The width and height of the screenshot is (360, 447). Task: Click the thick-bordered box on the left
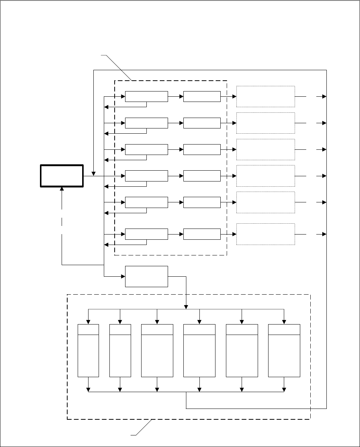pyautogui.click(x=62, y=176)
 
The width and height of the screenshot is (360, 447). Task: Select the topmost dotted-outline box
pyautogui.click(x=266, y=96)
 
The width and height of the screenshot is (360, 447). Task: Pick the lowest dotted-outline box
pyautogui.click(x=266, y=234)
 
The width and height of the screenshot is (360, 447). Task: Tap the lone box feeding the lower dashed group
pyautogui.click(x=146, y=276)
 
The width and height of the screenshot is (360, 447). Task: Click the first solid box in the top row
pyautogui.click(x=146, y=96)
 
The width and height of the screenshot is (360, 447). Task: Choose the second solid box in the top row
pyautogui.click(x=202, y=96)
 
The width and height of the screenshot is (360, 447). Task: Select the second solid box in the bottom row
pyautogui.click(x=202, y=234)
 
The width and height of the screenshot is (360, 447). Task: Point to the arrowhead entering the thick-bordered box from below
pyautogui.click(x=62, y=189)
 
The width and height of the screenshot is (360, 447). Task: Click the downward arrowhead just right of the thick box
pyautogui.click(x=93, y=174)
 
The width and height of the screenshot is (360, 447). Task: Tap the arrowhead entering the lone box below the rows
pyautogui.click(x=123, y=276)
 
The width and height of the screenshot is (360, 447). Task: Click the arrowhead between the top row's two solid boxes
pyautogui.click(x=181, y=96)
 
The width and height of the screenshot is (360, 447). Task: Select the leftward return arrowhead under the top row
pyautogui.click(x=106, y=107)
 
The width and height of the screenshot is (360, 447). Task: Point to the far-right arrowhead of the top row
pyautogui.click(x=324, y=96)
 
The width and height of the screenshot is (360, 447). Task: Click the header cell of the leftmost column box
pyautogui.click(x=88, y=330)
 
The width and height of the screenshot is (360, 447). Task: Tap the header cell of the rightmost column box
pyautogui.click(x=284, y=330)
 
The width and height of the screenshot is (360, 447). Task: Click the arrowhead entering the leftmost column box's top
pyautogui.click(x=88, y=322)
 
